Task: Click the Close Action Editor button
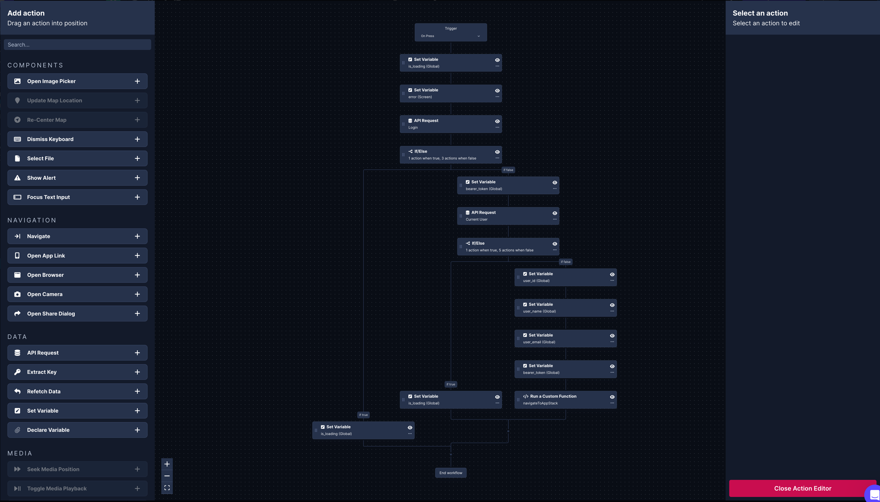tap(803, 488)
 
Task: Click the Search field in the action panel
tap(77, 44)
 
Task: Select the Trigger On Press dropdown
tap(451, 36)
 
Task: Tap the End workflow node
tap(451, 473)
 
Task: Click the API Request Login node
tap(451, 124)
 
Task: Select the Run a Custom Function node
tap(565, 400)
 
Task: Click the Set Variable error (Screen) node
tap(451, 93)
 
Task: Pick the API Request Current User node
tap(508, 216)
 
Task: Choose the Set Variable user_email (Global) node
tap(565, 338)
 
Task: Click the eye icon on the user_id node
tap(612, 274)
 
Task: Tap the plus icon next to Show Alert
tap(137, 178)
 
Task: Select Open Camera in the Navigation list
tap(77, 294)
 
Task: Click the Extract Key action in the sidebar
tap(77, 372)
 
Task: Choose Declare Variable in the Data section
tap(77, 430)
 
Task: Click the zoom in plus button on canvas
tap(167, 464)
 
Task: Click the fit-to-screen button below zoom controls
tap(167, 488)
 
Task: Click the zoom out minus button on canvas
tap(167, 476)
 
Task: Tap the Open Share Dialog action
tap(77, 314)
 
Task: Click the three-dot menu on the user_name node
tap(612, 311)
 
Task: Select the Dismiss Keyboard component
tap(77, 139)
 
